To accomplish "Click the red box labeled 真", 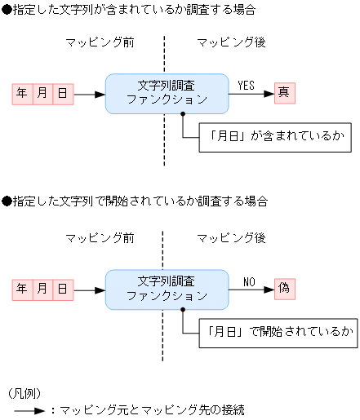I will tap(284, 93).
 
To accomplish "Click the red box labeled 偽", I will tap(284, 288).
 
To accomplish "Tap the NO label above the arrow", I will tap(249, 281).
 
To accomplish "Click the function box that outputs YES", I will tap(167, 93).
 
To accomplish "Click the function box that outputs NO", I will tap(167, 289).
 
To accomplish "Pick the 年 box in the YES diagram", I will tap(22, 94).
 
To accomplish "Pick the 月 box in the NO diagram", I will tap(42, 289).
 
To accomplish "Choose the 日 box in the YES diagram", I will tap(63, 94).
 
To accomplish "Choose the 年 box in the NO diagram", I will tap(22, 289).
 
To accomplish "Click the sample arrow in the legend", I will tap(29, 410).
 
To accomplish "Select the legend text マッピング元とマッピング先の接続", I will tap(152, 410).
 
